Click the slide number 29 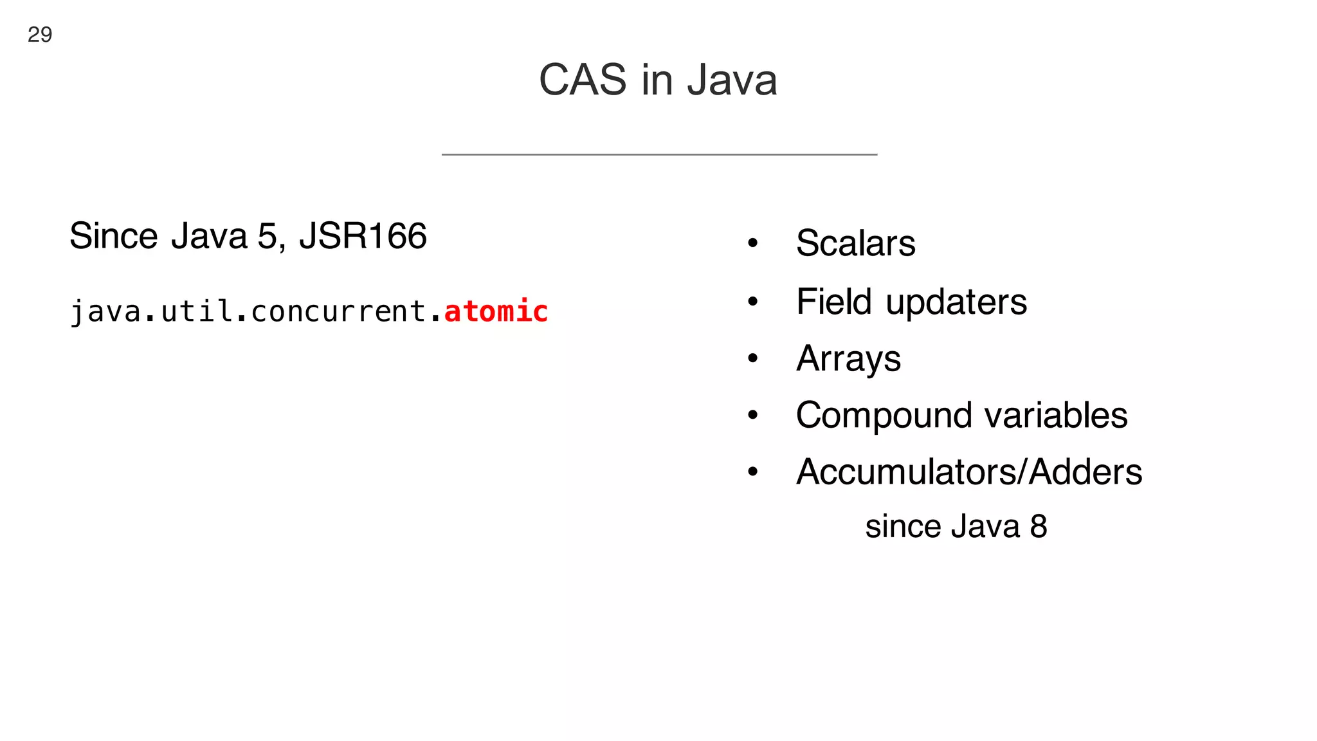coord(40,34)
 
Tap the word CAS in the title coord(583,80)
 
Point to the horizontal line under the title coord(659,154)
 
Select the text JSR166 coord(363,235)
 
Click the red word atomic coord(496,311)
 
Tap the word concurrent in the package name coord(338,311)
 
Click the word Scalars coord(855,243)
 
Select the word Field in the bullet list coord(834,301)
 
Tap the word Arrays coord(848,358)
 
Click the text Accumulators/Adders coord(969,471)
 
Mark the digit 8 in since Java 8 coord(1039,526)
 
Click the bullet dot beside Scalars coord(753,243)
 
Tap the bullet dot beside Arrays coord(753,358)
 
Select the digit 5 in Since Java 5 coord(267,235)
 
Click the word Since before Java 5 coord(114,235)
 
